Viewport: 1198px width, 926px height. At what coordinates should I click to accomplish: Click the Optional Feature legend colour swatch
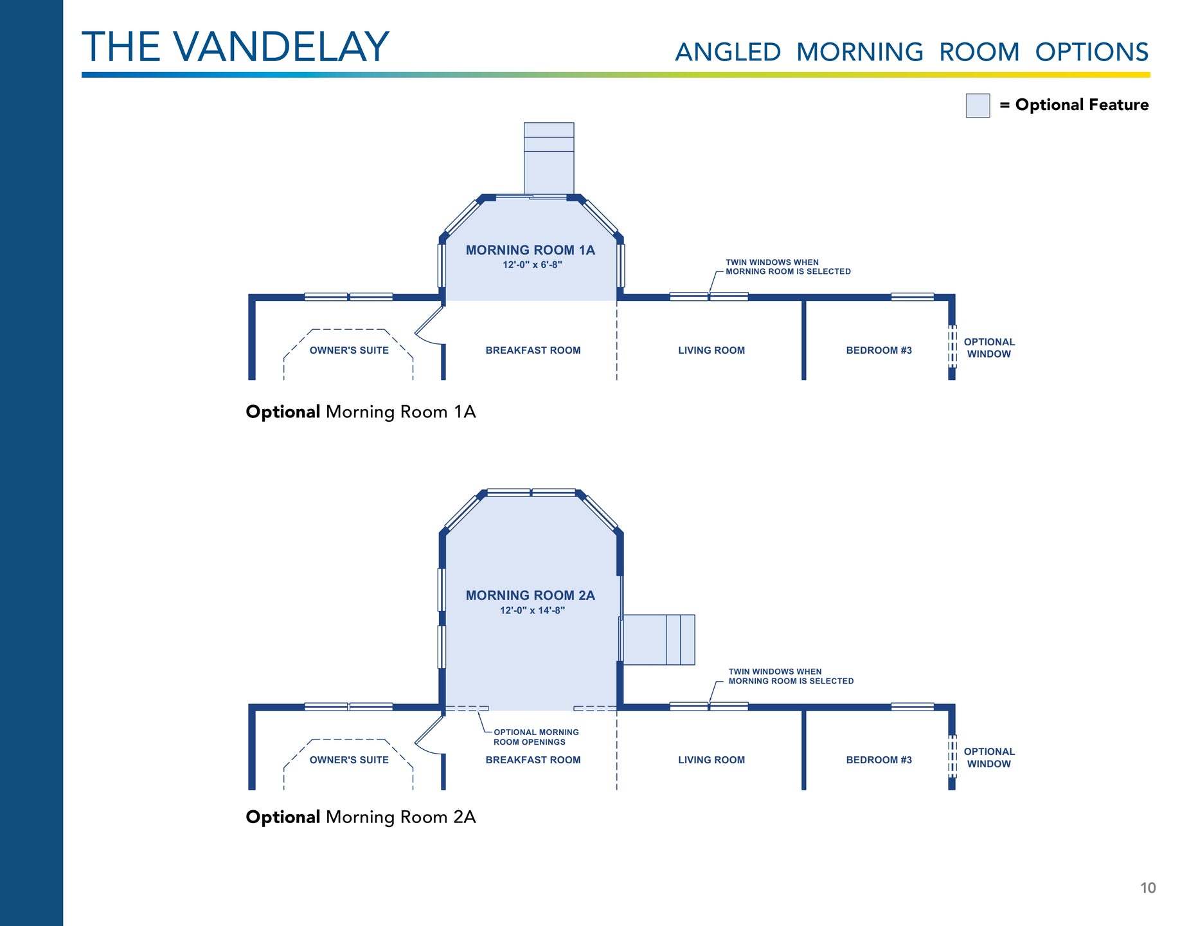coord(977,105)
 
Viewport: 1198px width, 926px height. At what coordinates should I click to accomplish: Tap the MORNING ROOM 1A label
coord(530,250)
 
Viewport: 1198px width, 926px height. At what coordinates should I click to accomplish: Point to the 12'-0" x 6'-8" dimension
coord(532,265)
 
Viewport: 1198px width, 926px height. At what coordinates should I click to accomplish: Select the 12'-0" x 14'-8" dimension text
coord(532,610)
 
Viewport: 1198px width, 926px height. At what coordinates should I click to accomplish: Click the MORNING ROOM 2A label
coord(530,595)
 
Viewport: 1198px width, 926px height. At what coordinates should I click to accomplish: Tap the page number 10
coord(1147,888)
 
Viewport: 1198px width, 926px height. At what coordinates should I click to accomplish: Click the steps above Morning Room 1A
coord(549,158)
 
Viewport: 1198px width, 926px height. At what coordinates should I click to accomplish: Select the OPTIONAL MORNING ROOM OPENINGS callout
coord(535,737)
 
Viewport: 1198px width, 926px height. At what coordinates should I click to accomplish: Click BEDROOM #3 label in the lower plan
coord(879,760)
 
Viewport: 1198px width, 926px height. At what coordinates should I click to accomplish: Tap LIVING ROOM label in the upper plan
coord(711,350)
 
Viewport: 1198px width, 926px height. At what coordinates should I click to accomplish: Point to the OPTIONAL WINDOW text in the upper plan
coord(989,348)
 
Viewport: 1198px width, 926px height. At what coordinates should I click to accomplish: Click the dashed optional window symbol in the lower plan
coord(952,756)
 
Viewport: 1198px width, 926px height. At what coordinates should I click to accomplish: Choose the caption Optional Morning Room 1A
coord(361,412)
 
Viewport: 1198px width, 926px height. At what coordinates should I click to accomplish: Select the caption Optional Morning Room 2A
coord(361,817)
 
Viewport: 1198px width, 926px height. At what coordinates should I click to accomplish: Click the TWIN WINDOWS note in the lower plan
coord(791,676)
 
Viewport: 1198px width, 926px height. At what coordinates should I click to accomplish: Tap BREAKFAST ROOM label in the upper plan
coord(533,350)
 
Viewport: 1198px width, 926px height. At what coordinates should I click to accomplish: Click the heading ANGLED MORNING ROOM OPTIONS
coord(911,52)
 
